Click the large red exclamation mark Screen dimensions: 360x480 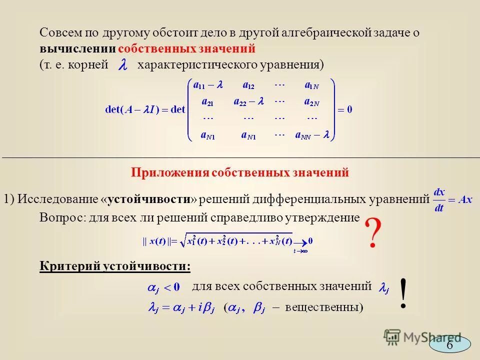click(403, 294)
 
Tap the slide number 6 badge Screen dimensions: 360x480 click(449, 345)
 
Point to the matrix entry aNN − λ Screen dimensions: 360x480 click(311, 134)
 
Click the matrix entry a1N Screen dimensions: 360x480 click(311, 85)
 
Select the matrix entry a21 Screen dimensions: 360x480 click(207, 101)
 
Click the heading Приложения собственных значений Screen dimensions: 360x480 click(239, 172)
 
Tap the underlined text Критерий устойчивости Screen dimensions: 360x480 click(114, 266)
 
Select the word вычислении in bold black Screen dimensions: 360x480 click(78, 49)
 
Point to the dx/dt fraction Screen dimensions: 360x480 click(439, 199)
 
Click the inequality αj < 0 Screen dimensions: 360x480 click(163, 287)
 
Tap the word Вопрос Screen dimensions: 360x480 click(58, 217)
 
